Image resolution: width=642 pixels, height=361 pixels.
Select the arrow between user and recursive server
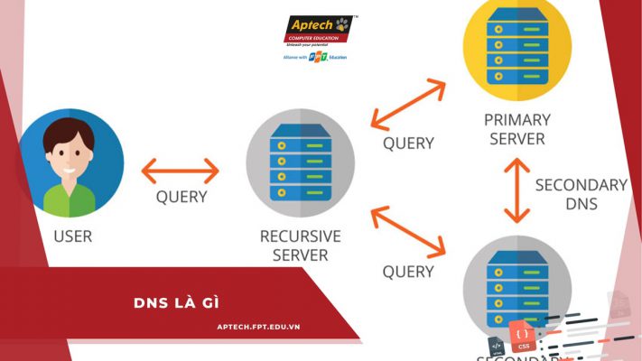181,170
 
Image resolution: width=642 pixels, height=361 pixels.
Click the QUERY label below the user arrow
181,197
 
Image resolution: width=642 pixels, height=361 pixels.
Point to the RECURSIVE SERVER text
300,245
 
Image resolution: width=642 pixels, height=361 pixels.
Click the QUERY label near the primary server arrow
408,143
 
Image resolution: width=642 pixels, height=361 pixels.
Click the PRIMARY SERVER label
516,129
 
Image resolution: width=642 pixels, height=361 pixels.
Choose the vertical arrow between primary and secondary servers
516,190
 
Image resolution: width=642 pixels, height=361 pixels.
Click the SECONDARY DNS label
581,194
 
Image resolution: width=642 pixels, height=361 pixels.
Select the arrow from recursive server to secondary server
409,230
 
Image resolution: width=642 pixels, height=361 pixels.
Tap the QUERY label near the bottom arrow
408,271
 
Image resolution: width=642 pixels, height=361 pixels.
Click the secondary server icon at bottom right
516,284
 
